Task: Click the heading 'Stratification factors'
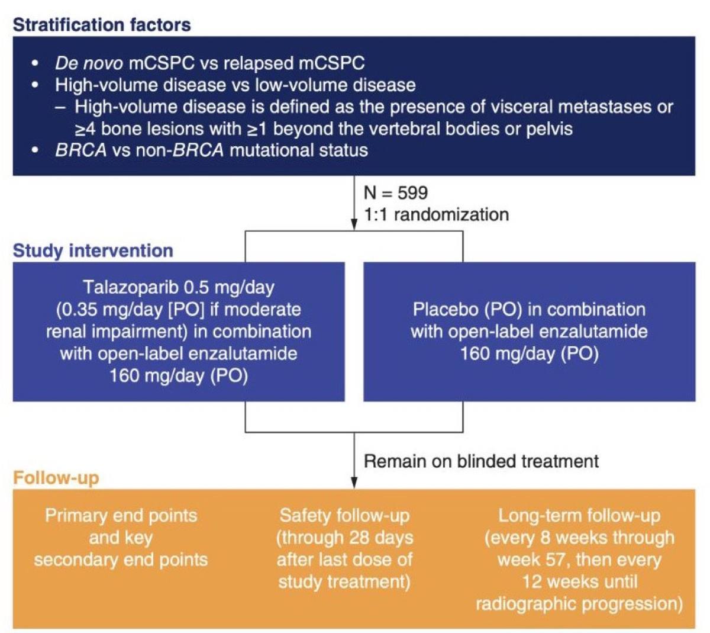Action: point(102,25)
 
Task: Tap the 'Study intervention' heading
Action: point(93,251)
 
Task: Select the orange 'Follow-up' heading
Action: point(56,478)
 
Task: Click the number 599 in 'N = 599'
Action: point(412,193)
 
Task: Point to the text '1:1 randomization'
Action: point(436,214)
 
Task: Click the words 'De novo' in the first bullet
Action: point(89,63)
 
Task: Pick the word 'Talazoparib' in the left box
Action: point(131,288)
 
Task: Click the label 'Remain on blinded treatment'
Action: point(481,461)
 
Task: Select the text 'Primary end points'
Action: point(121,516)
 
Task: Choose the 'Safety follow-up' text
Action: point(344,516)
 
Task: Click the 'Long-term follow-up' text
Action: point(579,516)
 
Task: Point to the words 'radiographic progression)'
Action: point(579,604)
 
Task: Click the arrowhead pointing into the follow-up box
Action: point(354,483)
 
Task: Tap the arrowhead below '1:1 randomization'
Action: point(354,224)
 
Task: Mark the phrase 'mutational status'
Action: point(299,150)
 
